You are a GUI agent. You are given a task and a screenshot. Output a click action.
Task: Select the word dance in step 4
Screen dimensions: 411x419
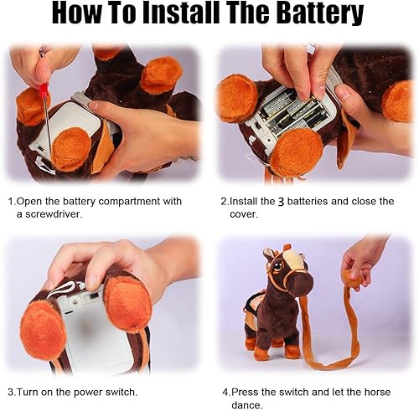point(250,404)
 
